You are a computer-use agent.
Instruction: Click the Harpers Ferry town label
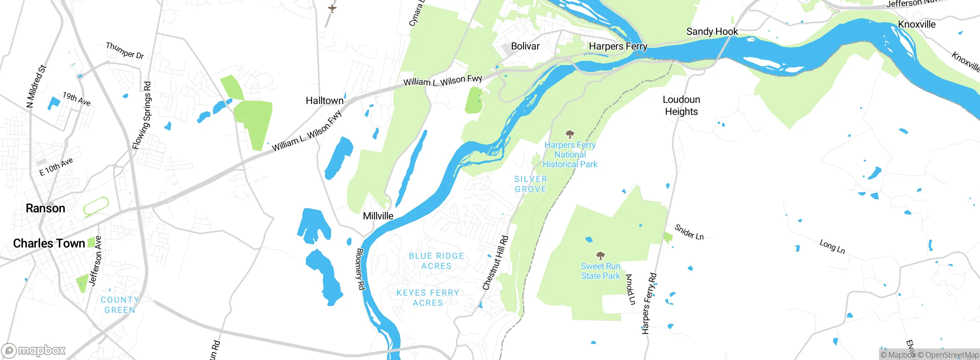[x=617, y=47]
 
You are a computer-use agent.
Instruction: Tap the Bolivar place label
[x=525, y=46]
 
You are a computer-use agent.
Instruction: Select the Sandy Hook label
[x=712, y=32]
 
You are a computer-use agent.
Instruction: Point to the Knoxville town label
[x=916, y=25]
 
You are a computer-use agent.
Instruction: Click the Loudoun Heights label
[x=681, y=106]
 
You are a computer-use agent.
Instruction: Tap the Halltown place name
[x=324, y=101]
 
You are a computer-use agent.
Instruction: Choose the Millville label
[x=378, y=216]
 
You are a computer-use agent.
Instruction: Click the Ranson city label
[x=45, y=208]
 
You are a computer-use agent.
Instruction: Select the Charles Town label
[x=49, y=244]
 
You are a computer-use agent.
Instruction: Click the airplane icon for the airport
[x=332, y=8]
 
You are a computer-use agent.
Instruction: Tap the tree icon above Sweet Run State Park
[x=600, y=255]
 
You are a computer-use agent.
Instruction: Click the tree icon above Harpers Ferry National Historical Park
[x=570, y=134]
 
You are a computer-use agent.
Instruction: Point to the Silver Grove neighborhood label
[x=531, y=184]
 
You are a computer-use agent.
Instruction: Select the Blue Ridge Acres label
[x=436, y=261]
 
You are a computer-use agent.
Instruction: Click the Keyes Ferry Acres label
[x=428, y=298]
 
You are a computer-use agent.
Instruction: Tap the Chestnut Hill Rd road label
[x=495, y=263]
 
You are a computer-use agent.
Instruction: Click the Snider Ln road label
[x=689, y=232]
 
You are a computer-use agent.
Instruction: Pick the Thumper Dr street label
[x=125, y=51]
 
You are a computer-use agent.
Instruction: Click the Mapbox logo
[x=34, y=350]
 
